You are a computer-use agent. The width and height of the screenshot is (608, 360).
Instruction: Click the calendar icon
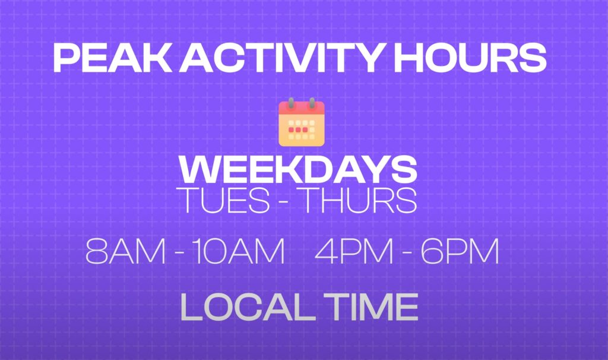(301, 122)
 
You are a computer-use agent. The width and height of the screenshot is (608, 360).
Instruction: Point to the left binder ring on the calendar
(291, 103)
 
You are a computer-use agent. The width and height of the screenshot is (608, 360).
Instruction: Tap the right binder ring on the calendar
(312, 103)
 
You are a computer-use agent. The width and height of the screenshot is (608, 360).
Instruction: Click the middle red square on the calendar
(298, 130)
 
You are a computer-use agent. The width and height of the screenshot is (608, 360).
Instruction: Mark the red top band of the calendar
(301, 108)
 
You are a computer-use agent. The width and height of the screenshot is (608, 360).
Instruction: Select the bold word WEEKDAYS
(298, 169)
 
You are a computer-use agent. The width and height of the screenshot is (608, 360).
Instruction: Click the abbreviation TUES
(225, 201)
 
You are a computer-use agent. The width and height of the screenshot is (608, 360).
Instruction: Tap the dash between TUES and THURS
(285, 202)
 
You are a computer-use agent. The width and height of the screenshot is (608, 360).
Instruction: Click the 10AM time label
(239, 251)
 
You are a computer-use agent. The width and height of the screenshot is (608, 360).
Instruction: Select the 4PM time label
(354, 251)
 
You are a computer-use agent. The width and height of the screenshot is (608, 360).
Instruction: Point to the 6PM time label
(460, 251)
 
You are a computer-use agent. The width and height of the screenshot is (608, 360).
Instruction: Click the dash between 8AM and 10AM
(179, 253)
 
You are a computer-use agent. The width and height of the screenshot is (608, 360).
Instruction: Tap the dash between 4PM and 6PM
(407, 253)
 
